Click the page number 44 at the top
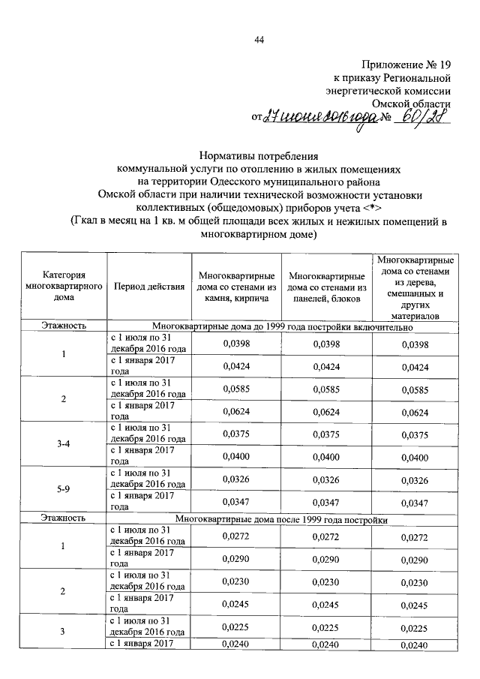(259, 40)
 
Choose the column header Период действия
(148, 287)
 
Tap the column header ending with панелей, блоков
(326, 287)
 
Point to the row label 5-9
(64, 489)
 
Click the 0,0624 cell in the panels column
(325, 412)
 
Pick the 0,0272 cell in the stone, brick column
(236, 536)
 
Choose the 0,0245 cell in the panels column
(325, 604)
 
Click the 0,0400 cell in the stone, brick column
(236, 457)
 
